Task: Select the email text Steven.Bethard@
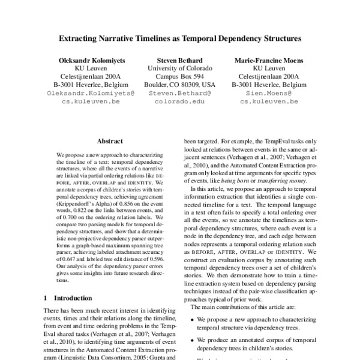click(180, 94)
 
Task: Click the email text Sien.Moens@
click(269, 94)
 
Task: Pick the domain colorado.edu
click(180, 103)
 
